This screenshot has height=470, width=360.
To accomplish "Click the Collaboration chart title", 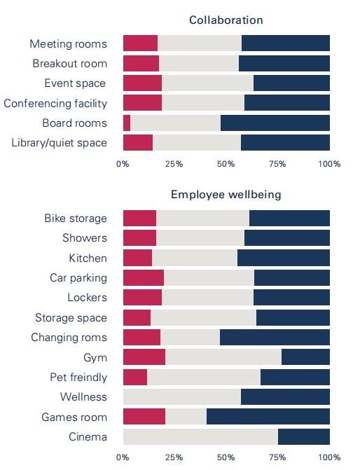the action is pyautogui.click(x=226, y=20).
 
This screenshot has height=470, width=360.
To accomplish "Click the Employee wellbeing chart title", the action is pyautogui.click(x=226, y=195).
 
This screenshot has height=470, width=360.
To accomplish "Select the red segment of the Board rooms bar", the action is pyautogui.click(x=127, y=123).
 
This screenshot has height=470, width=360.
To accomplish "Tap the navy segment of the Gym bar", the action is pyautogui.click(x=305, y=357).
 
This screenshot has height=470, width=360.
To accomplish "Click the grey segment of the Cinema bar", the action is pyautogui.click(x=200, y=436).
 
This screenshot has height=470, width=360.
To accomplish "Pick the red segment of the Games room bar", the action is pyautogui.click(x=144, y=416).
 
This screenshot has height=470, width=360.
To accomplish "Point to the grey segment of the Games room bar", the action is pyautogui.click(x=186, y=416).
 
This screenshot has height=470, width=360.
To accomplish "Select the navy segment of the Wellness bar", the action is pyautogui.click(x=285, y=397).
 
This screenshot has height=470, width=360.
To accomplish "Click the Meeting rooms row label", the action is pyautogui.click(x=69, y=43).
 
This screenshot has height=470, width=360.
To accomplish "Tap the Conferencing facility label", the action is pyautogui.click(x=55, y=104).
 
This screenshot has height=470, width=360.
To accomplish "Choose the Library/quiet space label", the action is pyautogui.click(x=60, y=143).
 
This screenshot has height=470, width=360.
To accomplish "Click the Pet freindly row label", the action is pyautogui.click(x=78, y=377).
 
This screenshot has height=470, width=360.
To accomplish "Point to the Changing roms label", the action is pyautogui.click(x=69, y=338).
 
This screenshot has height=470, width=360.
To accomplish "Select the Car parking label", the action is pyautogui.click(x=78, y=278).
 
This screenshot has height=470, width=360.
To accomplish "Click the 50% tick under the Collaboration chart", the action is pyautogui.click(x=226, y=164).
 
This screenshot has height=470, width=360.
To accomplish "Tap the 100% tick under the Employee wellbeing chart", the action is pyautogui.click(x=329, y=457).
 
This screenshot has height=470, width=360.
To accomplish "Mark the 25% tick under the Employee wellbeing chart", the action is pyautogui.click(x=174, y=457).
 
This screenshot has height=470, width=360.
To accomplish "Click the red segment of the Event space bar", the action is pyautogui.click(x=142, y=83).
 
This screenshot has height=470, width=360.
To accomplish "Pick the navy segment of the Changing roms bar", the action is pyautogui.click(x=275, y=337).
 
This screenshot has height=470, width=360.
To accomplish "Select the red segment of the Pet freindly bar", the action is pyautogui.click(x=135, y=377).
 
